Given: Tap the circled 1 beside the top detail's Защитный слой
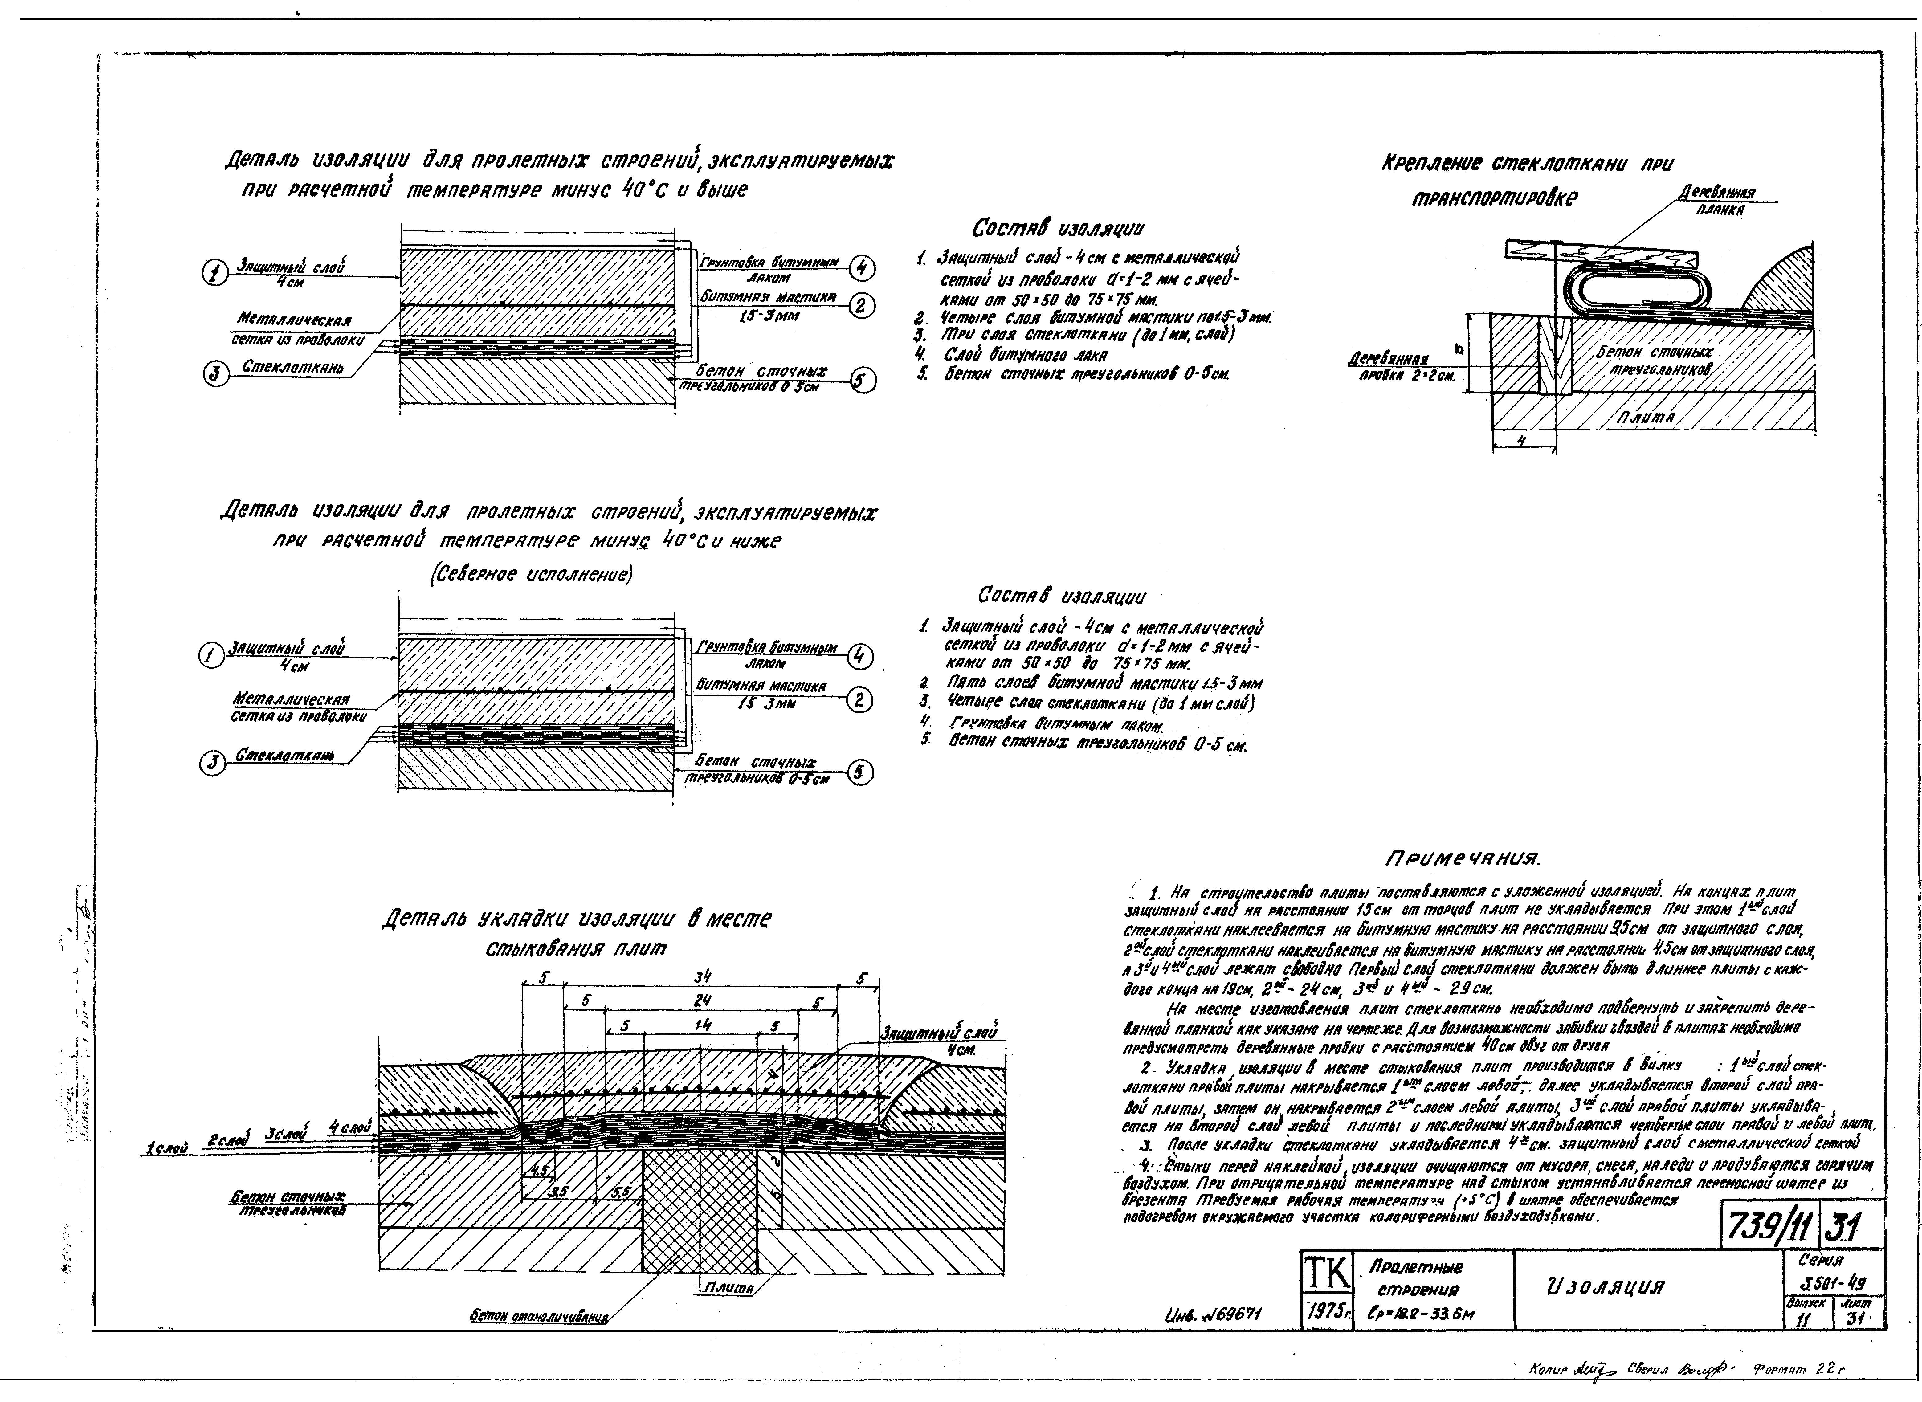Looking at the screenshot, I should [x=213, y=273].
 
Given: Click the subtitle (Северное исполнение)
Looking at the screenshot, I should [x=532, y=575].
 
